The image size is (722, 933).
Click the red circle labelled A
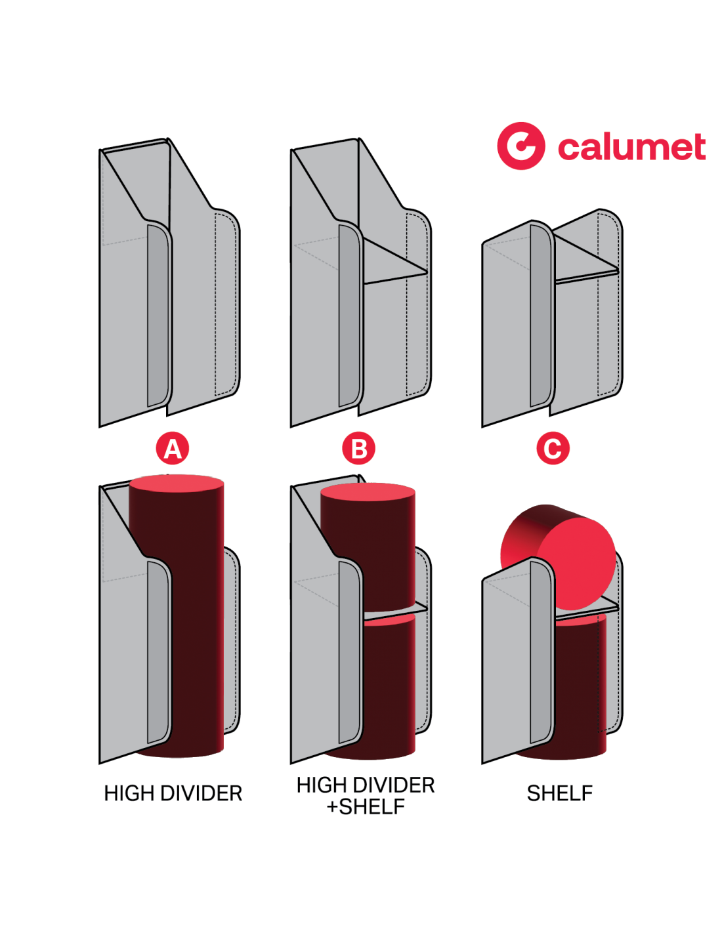click(x=172, y=449)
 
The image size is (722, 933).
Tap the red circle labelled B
click(x=359, y=449)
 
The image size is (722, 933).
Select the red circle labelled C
click(x=553, y=449)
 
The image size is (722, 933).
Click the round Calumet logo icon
click(x=520, y=146)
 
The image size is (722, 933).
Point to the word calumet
click(x=631, y=147)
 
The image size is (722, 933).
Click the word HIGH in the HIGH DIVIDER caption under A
click(x=129, y=793)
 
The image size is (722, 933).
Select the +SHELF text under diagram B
click(x=366, y=807)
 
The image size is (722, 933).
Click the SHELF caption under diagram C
click(x=559, y=793)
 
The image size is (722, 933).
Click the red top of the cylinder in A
click(x=177, y=484)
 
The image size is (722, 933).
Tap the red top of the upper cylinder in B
click(x=368, y=493)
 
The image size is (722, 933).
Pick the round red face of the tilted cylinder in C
click(x=578, y=562)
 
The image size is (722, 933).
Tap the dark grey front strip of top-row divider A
click(x=158, y=315)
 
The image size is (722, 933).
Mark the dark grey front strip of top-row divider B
click(x=349, y=315)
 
